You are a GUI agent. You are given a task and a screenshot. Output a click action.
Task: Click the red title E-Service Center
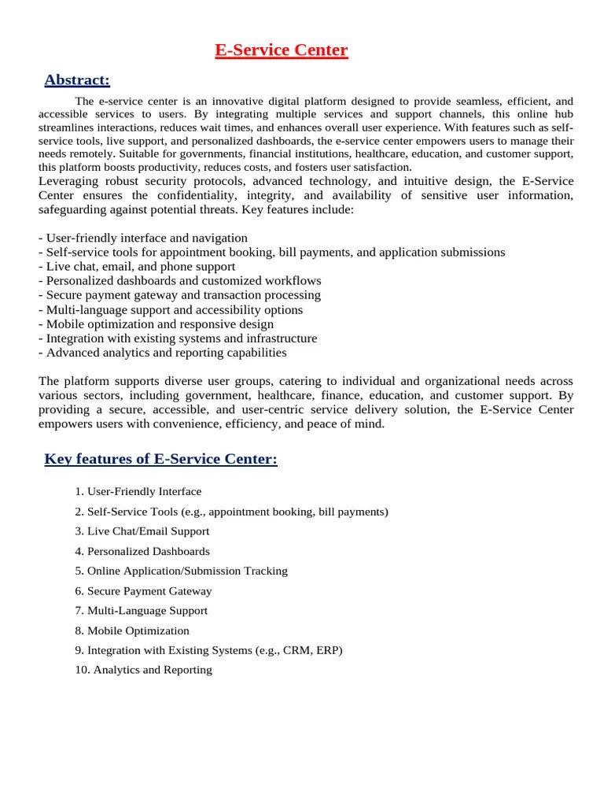282,51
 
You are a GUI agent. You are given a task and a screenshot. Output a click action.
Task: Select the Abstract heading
77,79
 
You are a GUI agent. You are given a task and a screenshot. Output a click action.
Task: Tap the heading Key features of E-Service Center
160,459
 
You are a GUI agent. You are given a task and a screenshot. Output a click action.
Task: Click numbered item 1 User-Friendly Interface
138,491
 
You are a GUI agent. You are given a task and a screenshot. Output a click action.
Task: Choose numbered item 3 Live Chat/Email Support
142,531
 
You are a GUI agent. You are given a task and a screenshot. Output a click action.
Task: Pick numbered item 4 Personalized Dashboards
142,551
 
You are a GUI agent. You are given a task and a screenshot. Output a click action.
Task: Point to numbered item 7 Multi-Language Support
142,611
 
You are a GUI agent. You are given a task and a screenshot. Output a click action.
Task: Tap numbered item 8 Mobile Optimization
132,630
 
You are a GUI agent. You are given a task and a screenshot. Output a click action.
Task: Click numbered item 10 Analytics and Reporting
144,670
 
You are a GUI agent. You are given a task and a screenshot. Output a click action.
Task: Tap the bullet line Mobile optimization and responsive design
156,324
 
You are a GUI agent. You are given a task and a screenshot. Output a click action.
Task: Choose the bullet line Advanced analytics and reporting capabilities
162,353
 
